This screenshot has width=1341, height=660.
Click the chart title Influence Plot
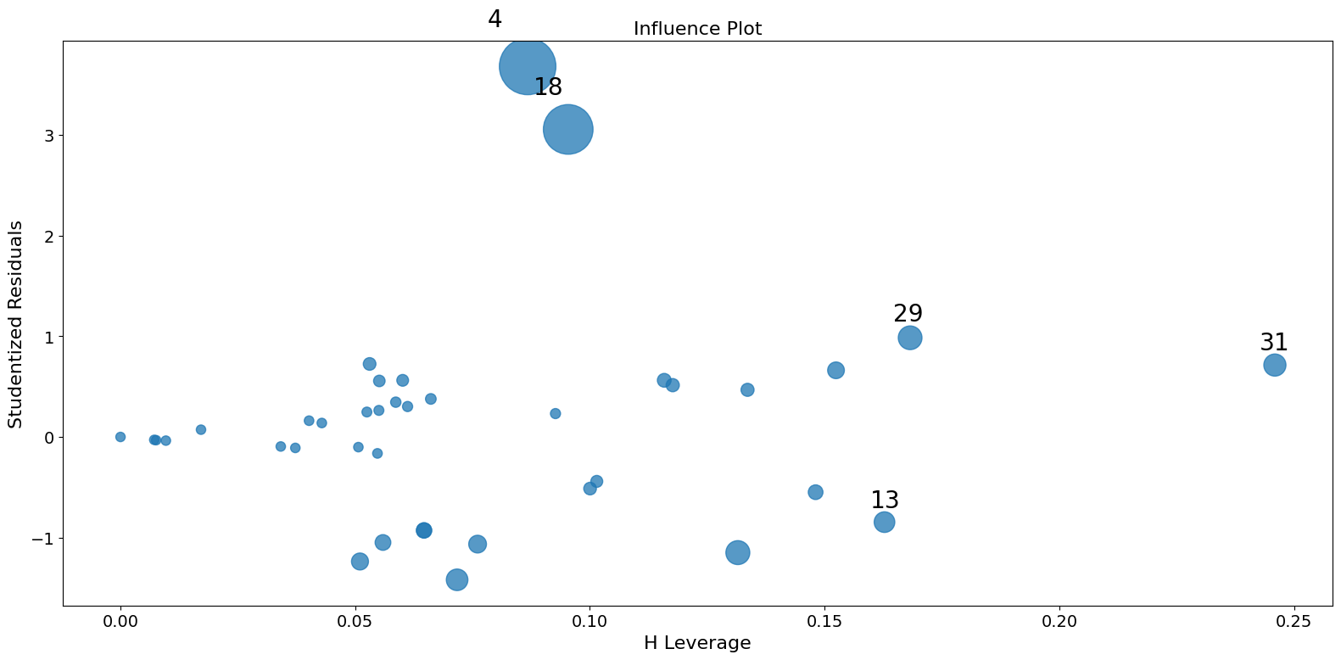(x=697, y=29)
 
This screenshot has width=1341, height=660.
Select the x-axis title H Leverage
(x=697, y=643)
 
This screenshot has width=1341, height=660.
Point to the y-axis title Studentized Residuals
(x=15, y=324)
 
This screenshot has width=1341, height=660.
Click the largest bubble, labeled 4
(x=528, y=66)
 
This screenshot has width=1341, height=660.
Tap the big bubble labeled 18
(x=567, y=129)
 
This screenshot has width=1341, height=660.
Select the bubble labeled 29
(x=909, y=338)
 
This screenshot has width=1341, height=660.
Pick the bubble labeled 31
(x=1274, y=365)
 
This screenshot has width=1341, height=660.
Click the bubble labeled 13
(x=884, y=522)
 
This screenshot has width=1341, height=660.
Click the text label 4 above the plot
(x=494, y=20)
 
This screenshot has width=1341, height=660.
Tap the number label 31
(x=1273, y=343)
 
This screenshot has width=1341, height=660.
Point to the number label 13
(x=885, y=501)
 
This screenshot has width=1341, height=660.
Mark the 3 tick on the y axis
(x=49, y=136)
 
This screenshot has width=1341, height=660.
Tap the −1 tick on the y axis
(x=44, y=539)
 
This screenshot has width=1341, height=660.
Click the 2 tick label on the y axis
(x=49, y=236)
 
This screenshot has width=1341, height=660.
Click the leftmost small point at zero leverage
(x=120, y=437)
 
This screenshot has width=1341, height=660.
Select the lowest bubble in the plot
(x=457, y=579)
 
